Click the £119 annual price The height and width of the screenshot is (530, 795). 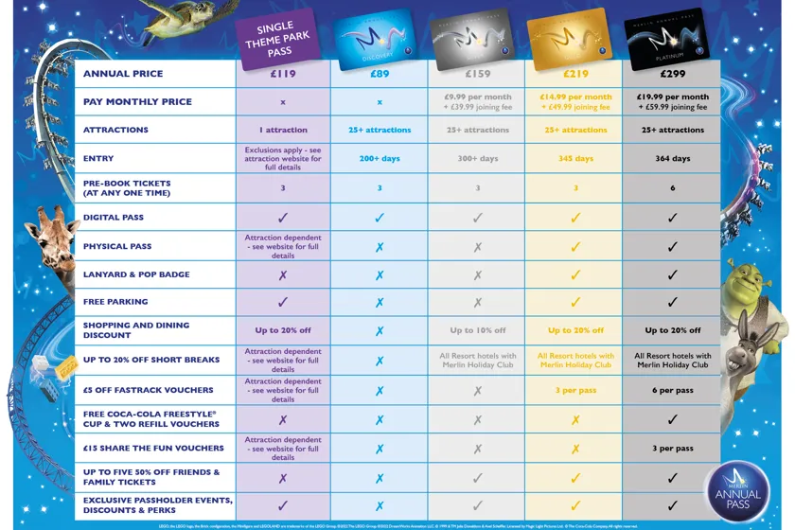282,73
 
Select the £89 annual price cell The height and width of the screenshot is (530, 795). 379,73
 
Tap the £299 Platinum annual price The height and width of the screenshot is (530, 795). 673,73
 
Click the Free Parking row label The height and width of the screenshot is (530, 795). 115,302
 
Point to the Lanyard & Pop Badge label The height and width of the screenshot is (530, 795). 136,274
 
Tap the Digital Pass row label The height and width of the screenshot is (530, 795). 114,218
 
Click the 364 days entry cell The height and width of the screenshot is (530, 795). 673,158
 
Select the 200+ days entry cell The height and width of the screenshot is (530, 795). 380,158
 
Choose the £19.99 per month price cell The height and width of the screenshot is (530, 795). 673,101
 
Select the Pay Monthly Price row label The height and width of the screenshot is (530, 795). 137,101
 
